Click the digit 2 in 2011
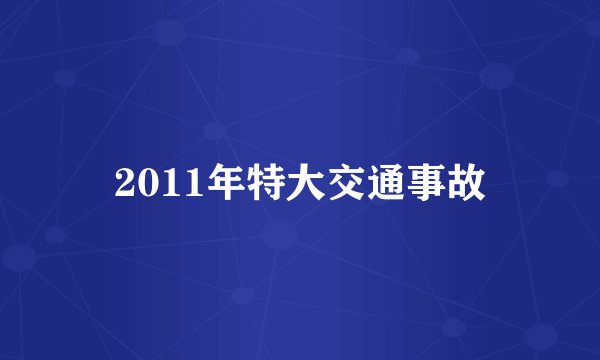point(125,184)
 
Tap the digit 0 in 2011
point(144,184)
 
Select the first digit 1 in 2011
point(163,184)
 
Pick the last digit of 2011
point(182,184)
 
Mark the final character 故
point(470,183)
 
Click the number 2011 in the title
point(153,184)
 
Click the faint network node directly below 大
point(280,236)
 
